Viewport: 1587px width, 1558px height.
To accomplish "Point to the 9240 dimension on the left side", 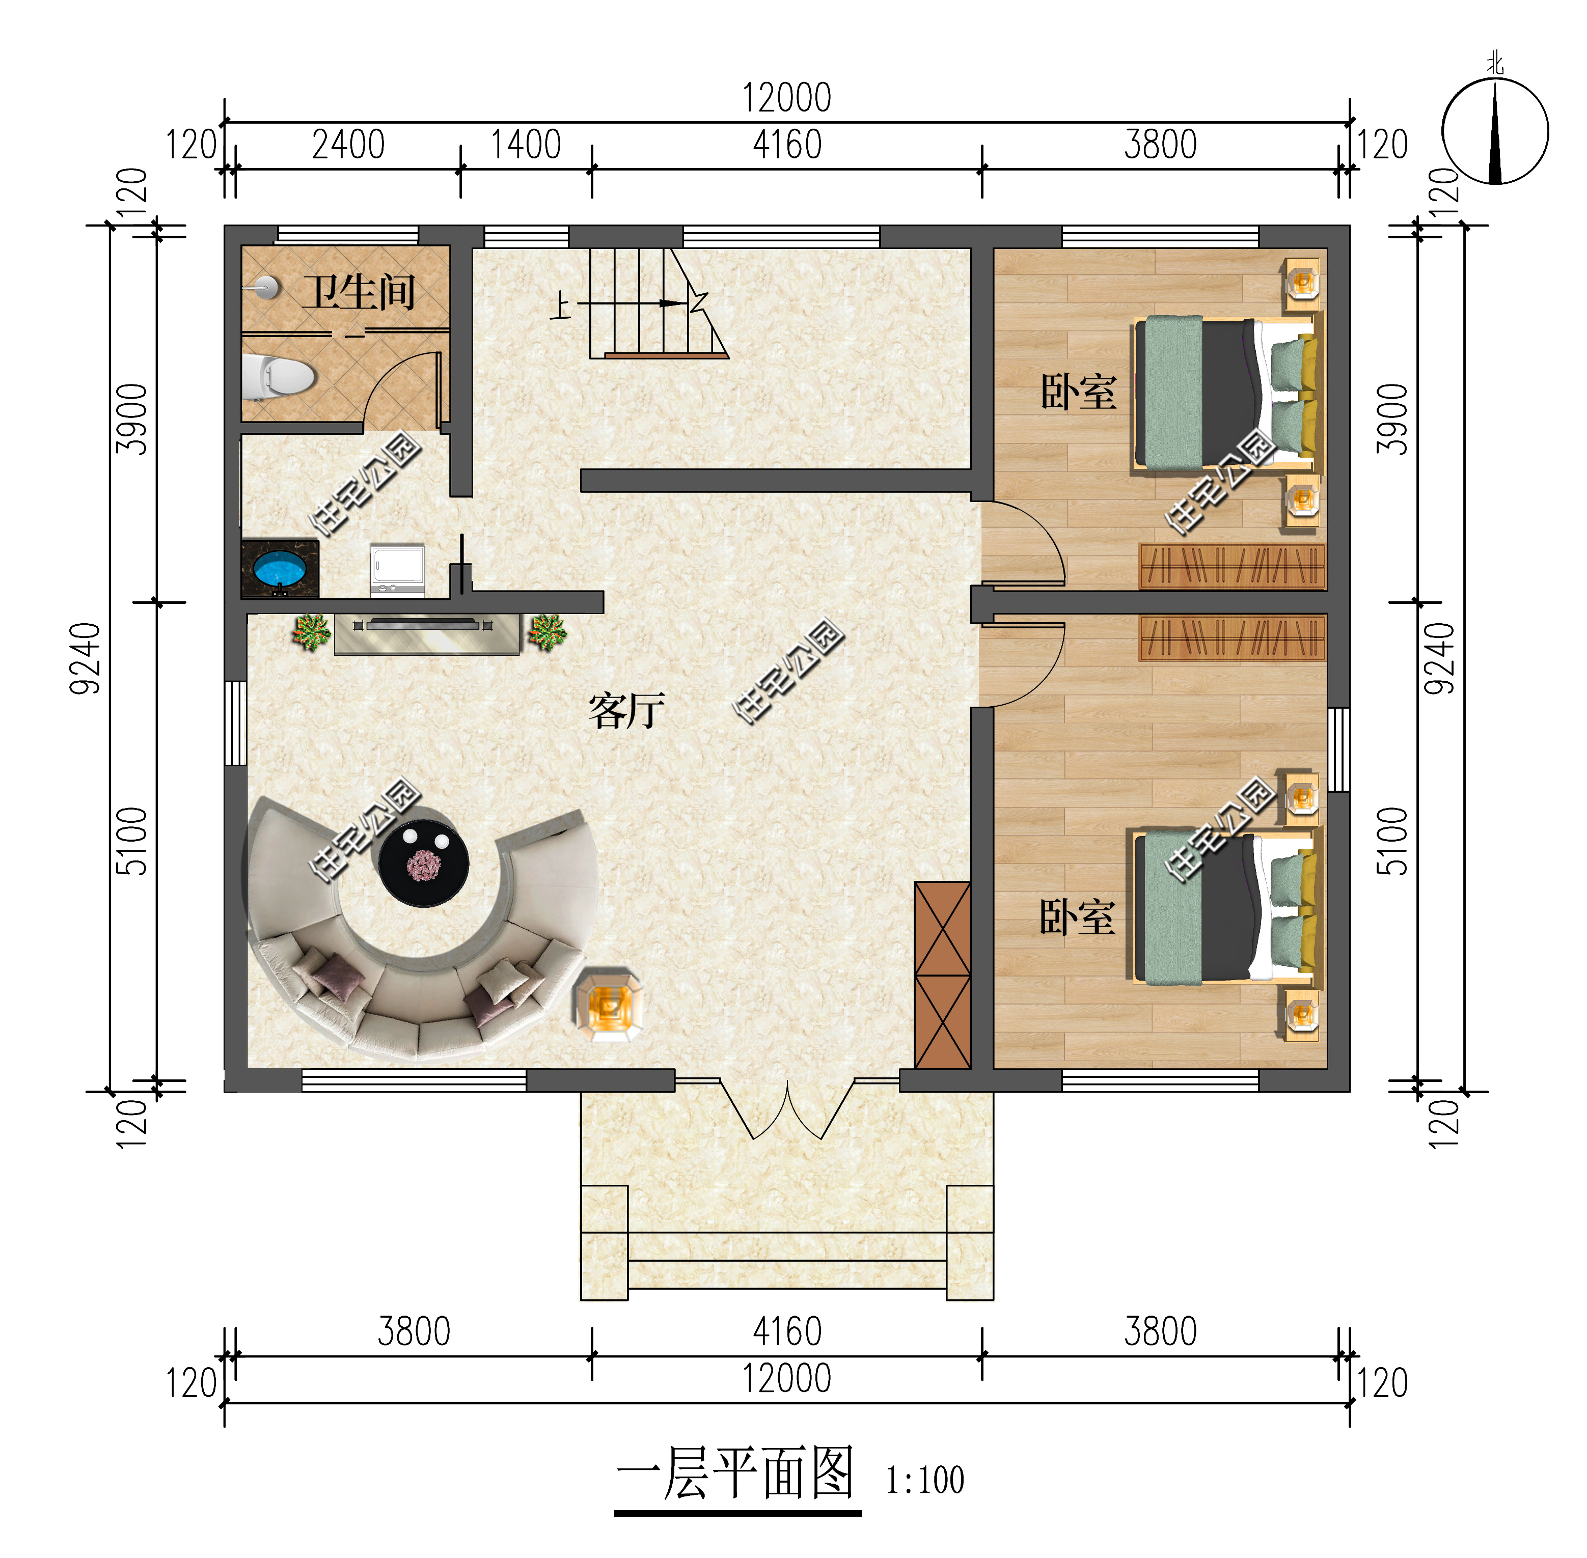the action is pos(85,659).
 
